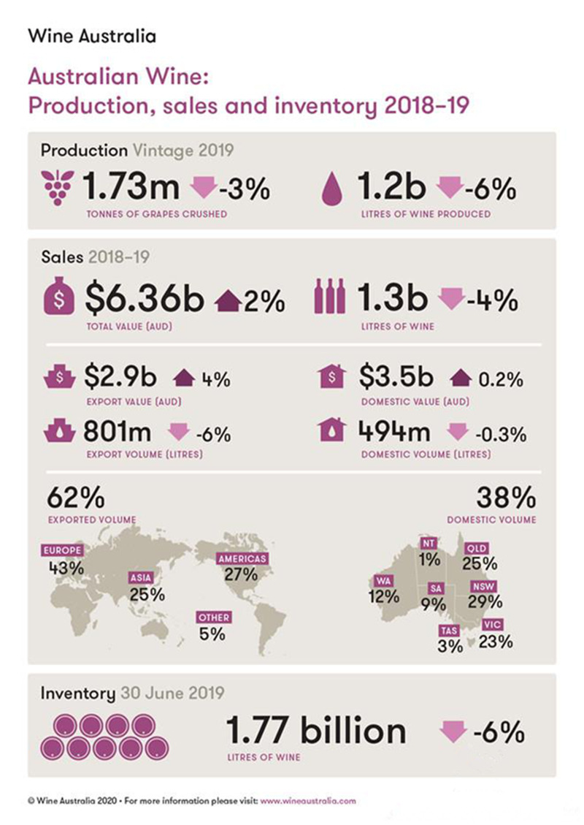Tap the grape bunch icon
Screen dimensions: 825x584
(x=55, y=189)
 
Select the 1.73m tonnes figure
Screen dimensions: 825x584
(x=131, y=189)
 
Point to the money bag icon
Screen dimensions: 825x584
(x=61, y=299)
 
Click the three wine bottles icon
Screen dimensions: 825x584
(x=329, y=299)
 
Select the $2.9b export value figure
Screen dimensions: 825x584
(x=120, y=377)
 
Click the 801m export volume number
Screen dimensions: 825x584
(x=118, y=432)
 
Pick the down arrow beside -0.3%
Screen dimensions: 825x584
(x=457, y=433)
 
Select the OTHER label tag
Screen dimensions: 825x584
(x=214, y=617)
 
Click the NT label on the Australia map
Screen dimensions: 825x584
(x=429, y=544)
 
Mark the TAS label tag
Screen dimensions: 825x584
(x=447, y=630)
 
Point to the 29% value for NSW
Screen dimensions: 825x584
(x=485, y=602)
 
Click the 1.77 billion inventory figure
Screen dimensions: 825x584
(x=315, y=731)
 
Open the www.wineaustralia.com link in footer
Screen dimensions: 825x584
(x=308, y=801)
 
